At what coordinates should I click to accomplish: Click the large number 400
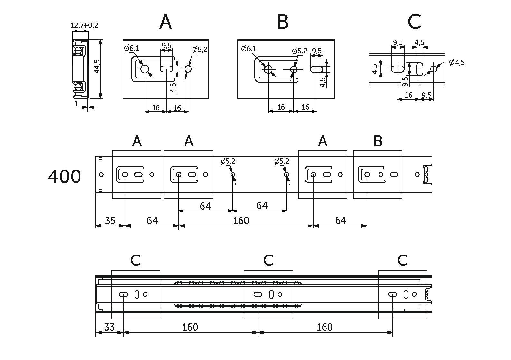(x=64, y=177)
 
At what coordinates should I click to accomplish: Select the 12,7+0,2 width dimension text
(x=84, y=25)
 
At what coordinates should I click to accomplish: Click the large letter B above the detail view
(x=282, y=22)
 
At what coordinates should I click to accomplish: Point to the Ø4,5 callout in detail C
(x=457, y=62)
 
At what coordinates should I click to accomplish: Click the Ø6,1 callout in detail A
(x=132, y=49)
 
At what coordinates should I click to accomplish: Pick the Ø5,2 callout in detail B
(x=299, y=51)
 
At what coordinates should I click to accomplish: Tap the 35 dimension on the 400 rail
(x=110, y=221)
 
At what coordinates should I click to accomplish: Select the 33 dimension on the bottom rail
(x=109, y=328)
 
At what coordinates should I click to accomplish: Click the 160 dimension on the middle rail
(x=241, y=221)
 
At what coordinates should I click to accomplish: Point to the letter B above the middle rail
(x=378, y=141)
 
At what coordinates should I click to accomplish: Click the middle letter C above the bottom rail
(x=268, y=261)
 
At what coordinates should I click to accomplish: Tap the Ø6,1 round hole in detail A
(x=145, y=69)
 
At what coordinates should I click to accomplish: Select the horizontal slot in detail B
(x=317, y=69)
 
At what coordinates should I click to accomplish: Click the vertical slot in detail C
(x=420, y=69)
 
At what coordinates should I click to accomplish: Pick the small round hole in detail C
(x=434, y=69)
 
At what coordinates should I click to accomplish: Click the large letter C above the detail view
(x=414, y=22)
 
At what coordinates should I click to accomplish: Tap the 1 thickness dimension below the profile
(x=76, y=104)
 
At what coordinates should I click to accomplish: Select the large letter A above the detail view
(x=166, y=22)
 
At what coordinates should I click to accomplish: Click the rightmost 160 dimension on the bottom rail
(x=324, y=328)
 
